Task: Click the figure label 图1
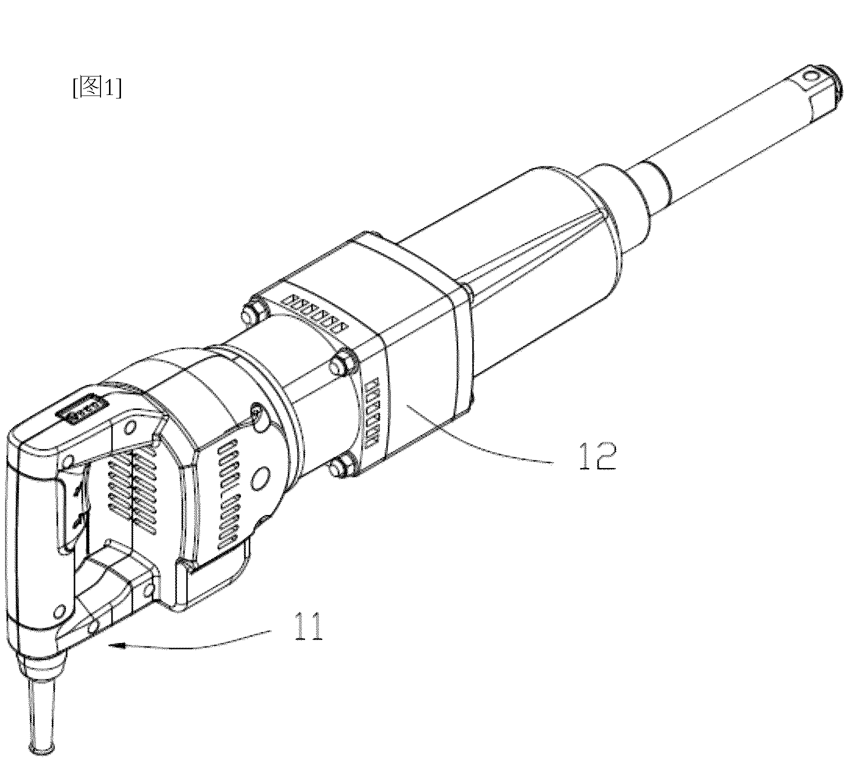97,87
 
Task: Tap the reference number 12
597,454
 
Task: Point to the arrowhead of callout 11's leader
114,645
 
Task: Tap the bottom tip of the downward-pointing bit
43,748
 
